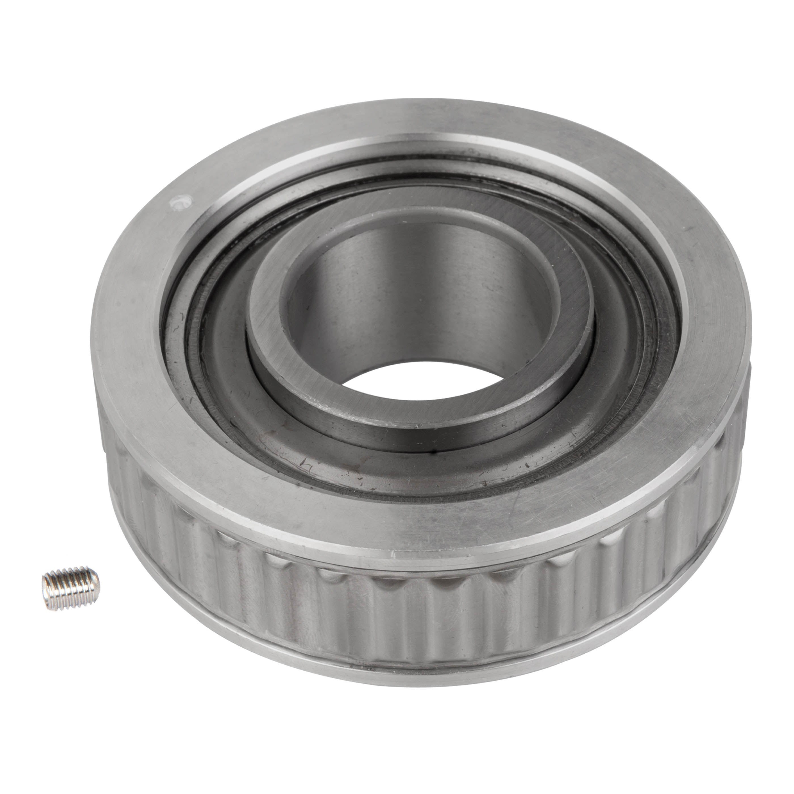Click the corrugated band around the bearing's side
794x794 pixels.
(411, 608)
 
